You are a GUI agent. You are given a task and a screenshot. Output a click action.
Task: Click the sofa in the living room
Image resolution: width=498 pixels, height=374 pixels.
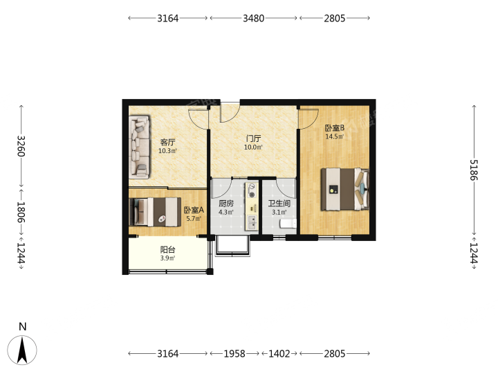[x=139, y=146]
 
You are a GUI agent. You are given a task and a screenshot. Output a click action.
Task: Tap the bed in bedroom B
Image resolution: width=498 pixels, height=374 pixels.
[x=345, y=189]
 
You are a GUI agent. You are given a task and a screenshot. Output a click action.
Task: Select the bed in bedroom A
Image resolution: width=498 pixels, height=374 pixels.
[x=155, y=212]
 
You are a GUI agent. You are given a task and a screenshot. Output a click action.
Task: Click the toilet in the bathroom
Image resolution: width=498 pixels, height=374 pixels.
[x=288, y=224]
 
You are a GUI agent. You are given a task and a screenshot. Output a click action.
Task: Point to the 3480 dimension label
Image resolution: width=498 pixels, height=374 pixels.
[x=253, y=18]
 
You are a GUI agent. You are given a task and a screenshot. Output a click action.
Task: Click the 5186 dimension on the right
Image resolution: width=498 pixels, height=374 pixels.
[x=474, y=170]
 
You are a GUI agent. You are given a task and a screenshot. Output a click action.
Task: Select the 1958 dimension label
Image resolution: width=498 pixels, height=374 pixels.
[x=234, y=353]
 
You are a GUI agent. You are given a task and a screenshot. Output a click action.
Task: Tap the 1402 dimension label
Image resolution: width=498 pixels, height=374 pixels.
[x=279, y=353]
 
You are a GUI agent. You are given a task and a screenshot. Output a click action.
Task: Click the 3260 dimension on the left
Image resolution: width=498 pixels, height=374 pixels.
[x=21, y=146]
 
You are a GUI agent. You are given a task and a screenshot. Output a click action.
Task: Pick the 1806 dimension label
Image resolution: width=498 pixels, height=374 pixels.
[x=21, y=212]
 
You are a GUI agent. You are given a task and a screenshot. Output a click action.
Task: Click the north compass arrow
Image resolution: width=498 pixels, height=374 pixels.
[x=22, y=350]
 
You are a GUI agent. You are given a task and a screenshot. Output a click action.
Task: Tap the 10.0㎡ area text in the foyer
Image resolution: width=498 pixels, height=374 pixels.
[x=253, y=148]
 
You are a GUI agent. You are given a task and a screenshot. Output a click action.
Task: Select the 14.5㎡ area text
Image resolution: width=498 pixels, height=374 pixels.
[x=335, y=136]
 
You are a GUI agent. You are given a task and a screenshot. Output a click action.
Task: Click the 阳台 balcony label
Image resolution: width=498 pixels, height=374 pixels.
[x=167, y=249]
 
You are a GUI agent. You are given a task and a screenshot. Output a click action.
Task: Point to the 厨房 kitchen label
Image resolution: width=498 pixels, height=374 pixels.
[x=226, y=203]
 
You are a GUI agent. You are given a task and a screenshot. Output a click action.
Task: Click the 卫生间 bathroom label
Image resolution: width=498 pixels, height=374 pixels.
[x=279, y=203]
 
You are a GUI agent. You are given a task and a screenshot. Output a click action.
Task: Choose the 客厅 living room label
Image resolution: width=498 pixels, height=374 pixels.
[x=167, y=142]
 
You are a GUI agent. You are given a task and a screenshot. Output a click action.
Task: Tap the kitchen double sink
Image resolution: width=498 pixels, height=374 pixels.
[x=252, y=222]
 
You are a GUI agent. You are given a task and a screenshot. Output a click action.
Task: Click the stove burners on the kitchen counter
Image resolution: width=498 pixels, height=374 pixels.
[x=252, y=190]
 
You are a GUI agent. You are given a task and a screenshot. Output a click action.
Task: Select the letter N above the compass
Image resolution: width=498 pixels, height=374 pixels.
[x=23, y=326]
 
